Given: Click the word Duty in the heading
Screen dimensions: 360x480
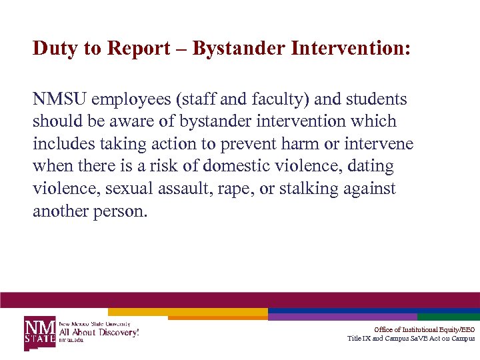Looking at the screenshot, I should coord(53,49).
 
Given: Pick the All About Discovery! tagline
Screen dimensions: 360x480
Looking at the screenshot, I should coord(99,331).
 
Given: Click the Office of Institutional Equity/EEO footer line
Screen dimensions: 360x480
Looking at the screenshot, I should coord(424,329).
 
